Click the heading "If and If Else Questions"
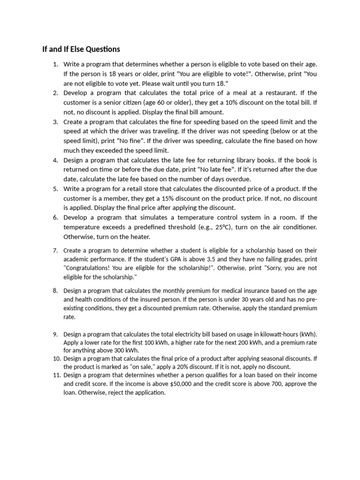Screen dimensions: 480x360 81,49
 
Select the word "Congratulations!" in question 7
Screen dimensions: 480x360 88,268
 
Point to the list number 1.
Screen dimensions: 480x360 55,64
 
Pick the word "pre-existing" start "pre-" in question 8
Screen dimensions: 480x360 311,299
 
